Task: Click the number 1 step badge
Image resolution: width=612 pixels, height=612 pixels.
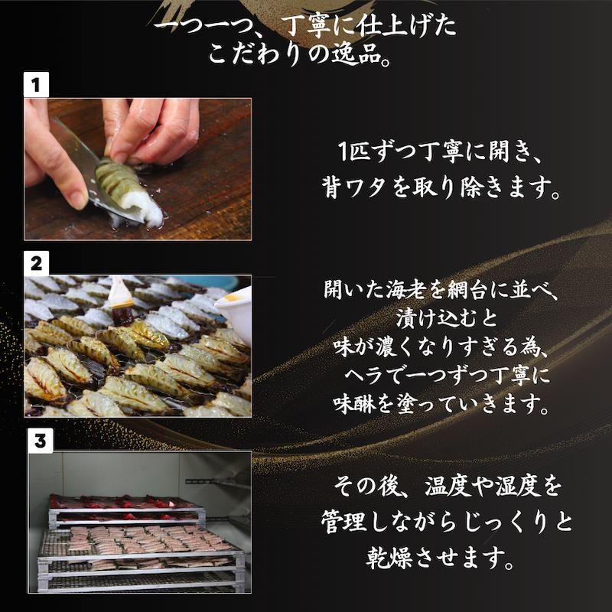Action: tap(36, 84)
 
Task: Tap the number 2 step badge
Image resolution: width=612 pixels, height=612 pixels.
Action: tap(36, 264)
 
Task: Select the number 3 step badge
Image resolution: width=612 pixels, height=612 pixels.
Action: tap(41, 441)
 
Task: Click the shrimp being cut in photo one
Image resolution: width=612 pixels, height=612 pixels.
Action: tap(129, 191)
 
